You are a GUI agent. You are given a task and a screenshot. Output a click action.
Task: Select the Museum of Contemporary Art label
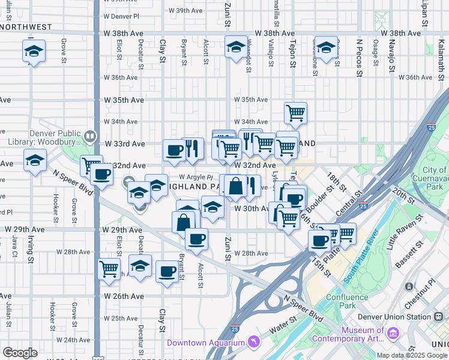coord(363,335)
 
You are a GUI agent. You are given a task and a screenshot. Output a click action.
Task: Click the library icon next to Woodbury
coord(91,136)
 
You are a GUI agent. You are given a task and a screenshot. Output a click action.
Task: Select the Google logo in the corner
coord(20,352)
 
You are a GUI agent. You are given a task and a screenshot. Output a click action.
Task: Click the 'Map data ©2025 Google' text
coord(412,355)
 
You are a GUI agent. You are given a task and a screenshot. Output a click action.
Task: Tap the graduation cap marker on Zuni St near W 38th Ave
coord(236,46)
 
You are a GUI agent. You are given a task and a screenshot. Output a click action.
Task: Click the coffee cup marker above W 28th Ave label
coord(196,239)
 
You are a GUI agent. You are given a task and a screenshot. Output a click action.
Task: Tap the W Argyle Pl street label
coord(196,177)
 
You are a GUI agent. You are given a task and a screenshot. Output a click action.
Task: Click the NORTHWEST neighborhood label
coord(26,27)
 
